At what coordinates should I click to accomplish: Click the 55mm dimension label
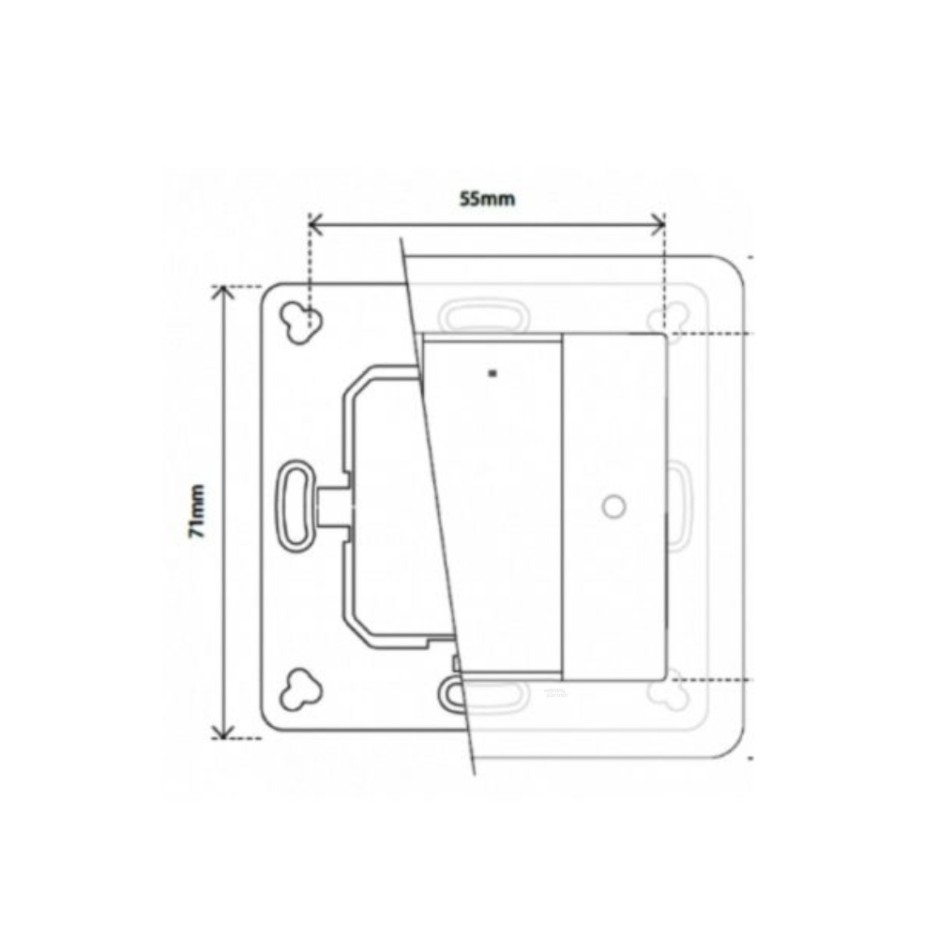(487, 199)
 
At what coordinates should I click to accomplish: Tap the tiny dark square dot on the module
(492, 373)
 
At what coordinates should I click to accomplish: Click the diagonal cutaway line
(438, 507)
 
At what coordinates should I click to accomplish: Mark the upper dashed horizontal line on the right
(713, 334)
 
